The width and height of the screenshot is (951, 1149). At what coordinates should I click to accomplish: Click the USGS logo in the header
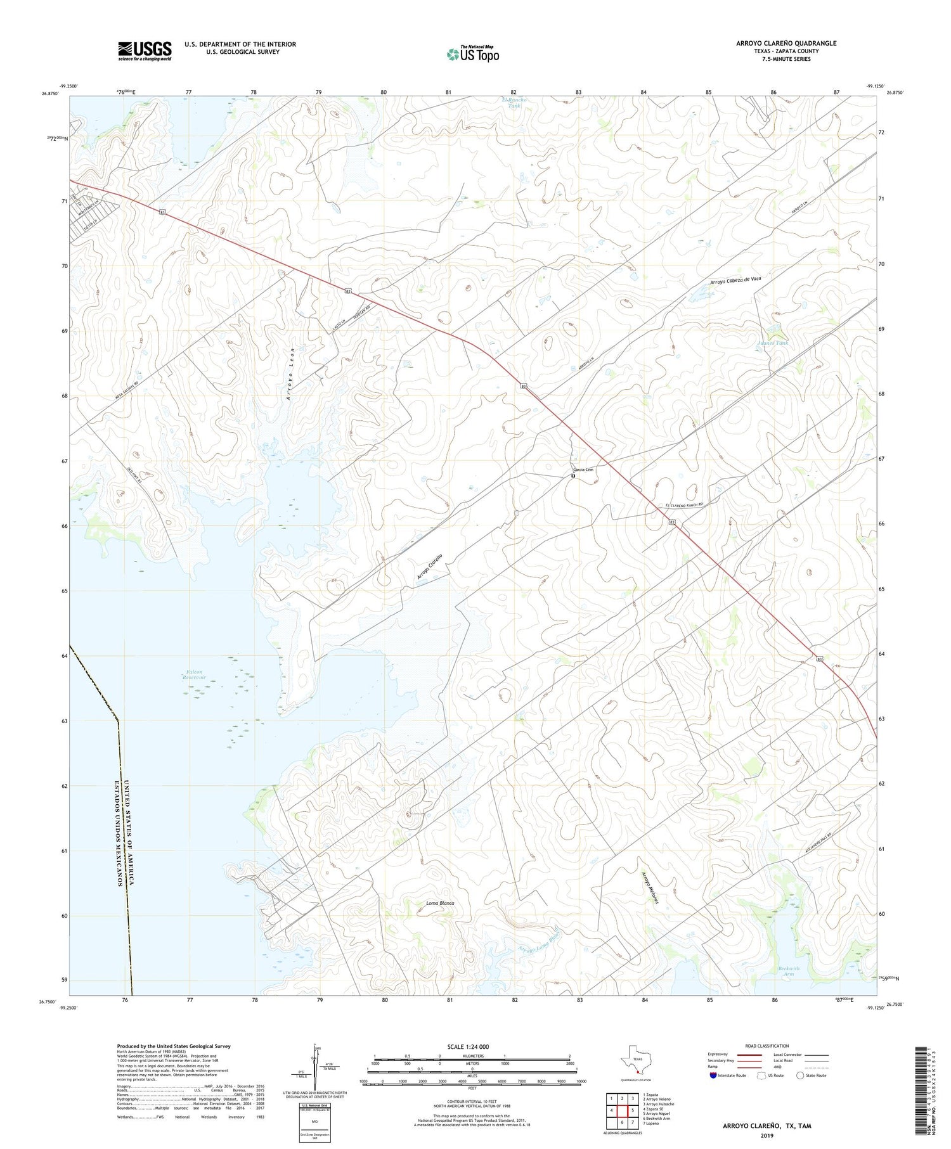pyautogui.click(x=145, y=51)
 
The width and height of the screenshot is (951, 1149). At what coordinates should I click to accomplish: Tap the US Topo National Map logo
pyautogui.click(x=473, y=54)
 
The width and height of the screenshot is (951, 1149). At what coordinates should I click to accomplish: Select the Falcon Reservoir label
pyautogui.click(x=194, y=675)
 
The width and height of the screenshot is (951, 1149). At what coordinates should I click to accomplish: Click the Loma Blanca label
pyautogui.click(x=440, y=903)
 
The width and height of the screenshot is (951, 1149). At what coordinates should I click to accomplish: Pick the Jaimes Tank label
pyautogui.click(x=773, y=343)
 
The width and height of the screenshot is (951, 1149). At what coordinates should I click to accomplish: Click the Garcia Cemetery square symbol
pyautogui.click(x=573, y=475)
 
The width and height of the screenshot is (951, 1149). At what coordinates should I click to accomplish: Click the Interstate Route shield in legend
pyautogui.click(x=713, y=1075)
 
